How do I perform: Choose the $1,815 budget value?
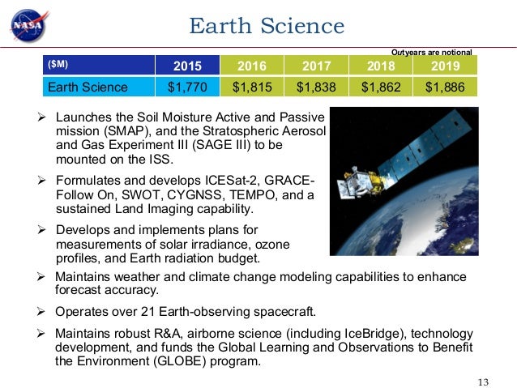pyautogui.click(x=251, y=87)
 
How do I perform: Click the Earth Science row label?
pyautogui.click(x=88, y=87)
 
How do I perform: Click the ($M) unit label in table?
pyautogui.click(x=58, y=65)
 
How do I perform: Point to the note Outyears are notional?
pyautogui.click(x=431, y=51)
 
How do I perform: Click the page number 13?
pyautogui.click(x=485, y=371)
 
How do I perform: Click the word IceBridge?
pyautogui.click(x=338, y=332)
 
